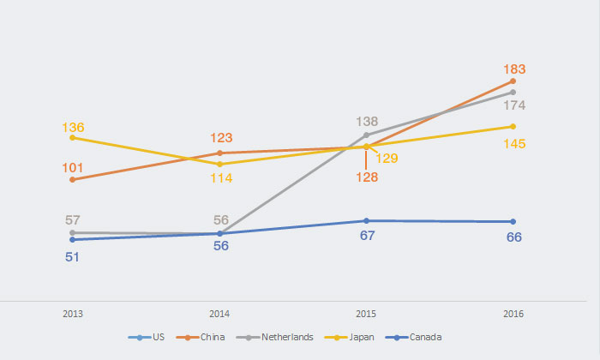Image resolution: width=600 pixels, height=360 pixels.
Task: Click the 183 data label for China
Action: click(514, 69)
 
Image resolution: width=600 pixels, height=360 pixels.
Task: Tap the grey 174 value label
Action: click(514, 105)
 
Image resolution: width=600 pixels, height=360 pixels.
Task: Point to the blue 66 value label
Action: click(514, 237)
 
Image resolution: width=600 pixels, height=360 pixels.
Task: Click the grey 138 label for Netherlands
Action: click(367, 122)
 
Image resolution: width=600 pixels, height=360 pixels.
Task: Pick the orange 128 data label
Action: click(366, 177)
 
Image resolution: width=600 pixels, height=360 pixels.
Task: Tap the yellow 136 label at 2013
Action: click(73, 127)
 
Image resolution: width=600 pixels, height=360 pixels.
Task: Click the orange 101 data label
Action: click(73, 168)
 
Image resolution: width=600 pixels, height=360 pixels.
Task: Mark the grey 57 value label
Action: click(73, 220)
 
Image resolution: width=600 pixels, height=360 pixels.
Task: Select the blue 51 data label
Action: click(73, 255)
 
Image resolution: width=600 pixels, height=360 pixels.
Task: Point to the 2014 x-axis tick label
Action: click(220, 315)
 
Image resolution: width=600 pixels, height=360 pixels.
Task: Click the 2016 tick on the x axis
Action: click(513, 315)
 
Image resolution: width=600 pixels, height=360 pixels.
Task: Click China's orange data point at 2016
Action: click(513, 81)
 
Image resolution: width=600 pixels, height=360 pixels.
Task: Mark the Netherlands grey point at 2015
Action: click(367, 135)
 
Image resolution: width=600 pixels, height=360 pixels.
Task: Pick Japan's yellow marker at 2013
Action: click(73, 137)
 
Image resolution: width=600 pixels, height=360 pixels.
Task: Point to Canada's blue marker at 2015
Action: click(367, 221)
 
